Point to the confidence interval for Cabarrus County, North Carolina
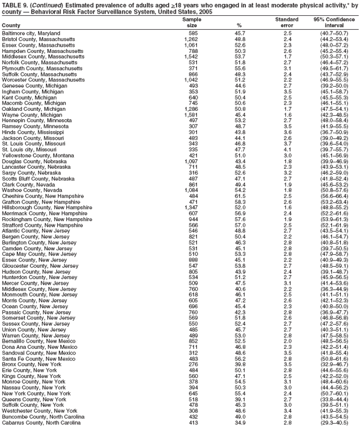coord(334,423)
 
